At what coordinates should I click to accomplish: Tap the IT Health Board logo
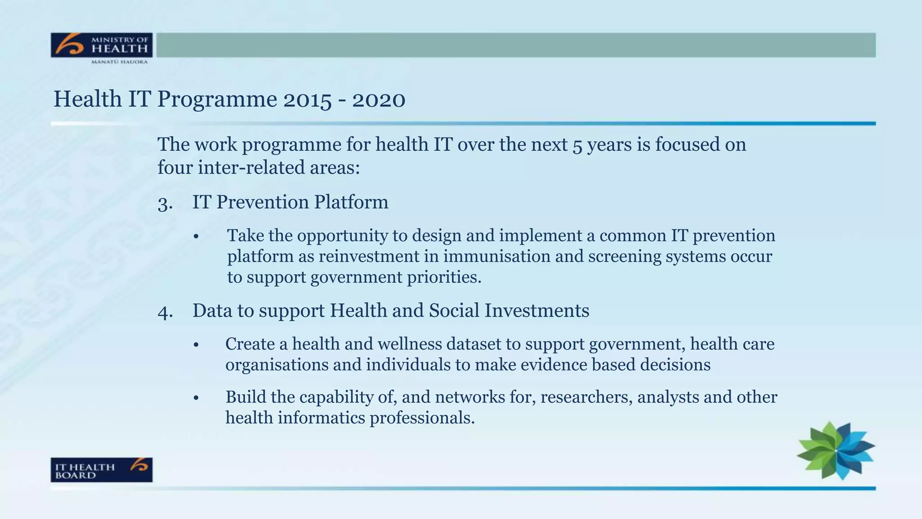102,470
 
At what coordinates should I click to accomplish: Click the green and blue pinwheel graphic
836,451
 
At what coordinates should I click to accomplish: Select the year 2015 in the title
307,99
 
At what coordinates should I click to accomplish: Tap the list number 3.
164,203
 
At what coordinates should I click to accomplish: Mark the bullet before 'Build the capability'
196,398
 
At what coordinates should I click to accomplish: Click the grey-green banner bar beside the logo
515,45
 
